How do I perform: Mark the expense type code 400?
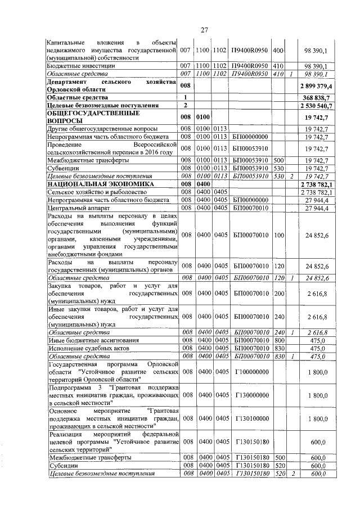click(277, 51)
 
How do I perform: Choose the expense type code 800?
click(277, 340)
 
